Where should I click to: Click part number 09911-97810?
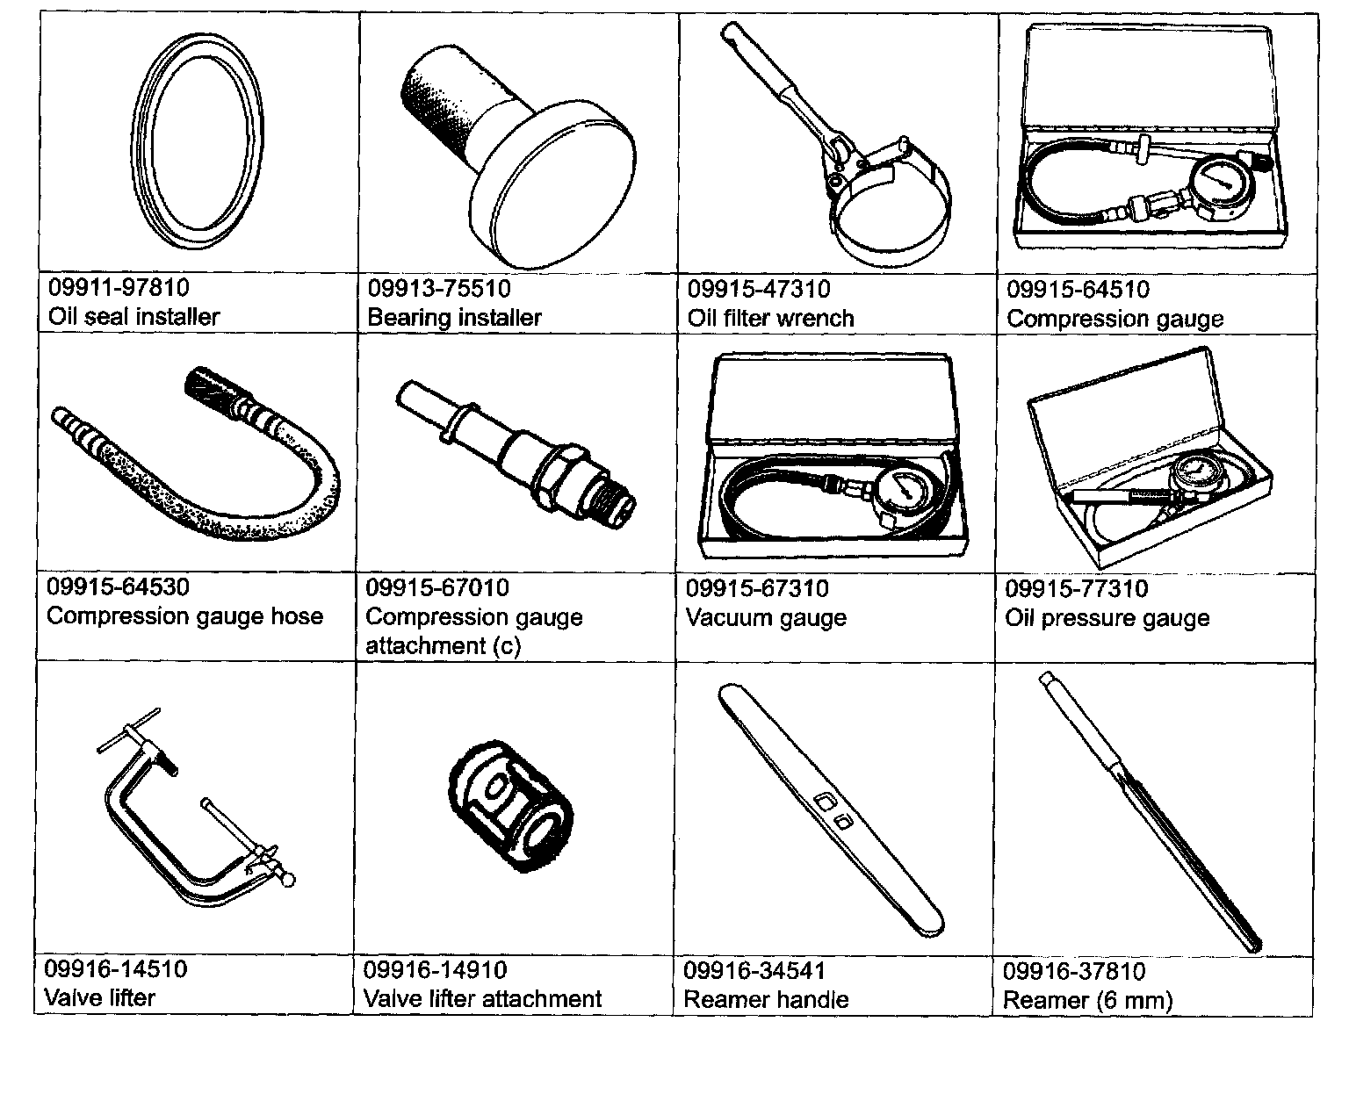(119, 287)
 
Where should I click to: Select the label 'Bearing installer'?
(454, 317)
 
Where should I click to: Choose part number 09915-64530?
(119, 586)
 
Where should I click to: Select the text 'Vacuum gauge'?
(766, 617)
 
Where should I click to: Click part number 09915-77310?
(1076, 588)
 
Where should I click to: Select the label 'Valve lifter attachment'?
(482, 998)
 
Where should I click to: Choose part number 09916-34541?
(754, 971)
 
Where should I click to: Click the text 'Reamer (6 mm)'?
(1087, 999)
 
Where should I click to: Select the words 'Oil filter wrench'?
(770, 318)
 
